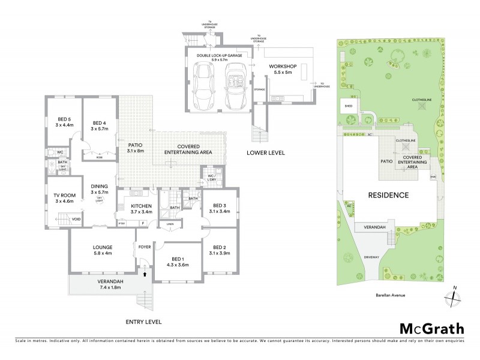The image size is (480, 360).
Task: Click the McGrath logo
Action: (x=431, y=328)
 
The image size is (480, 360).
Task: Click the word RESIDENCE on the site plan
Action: (x=388, y=195)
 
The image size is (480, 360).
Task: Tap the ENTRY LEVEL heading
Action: (x=143, y=322)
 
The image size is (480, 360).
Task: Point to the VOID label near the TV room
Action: (x=76, y=220)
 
